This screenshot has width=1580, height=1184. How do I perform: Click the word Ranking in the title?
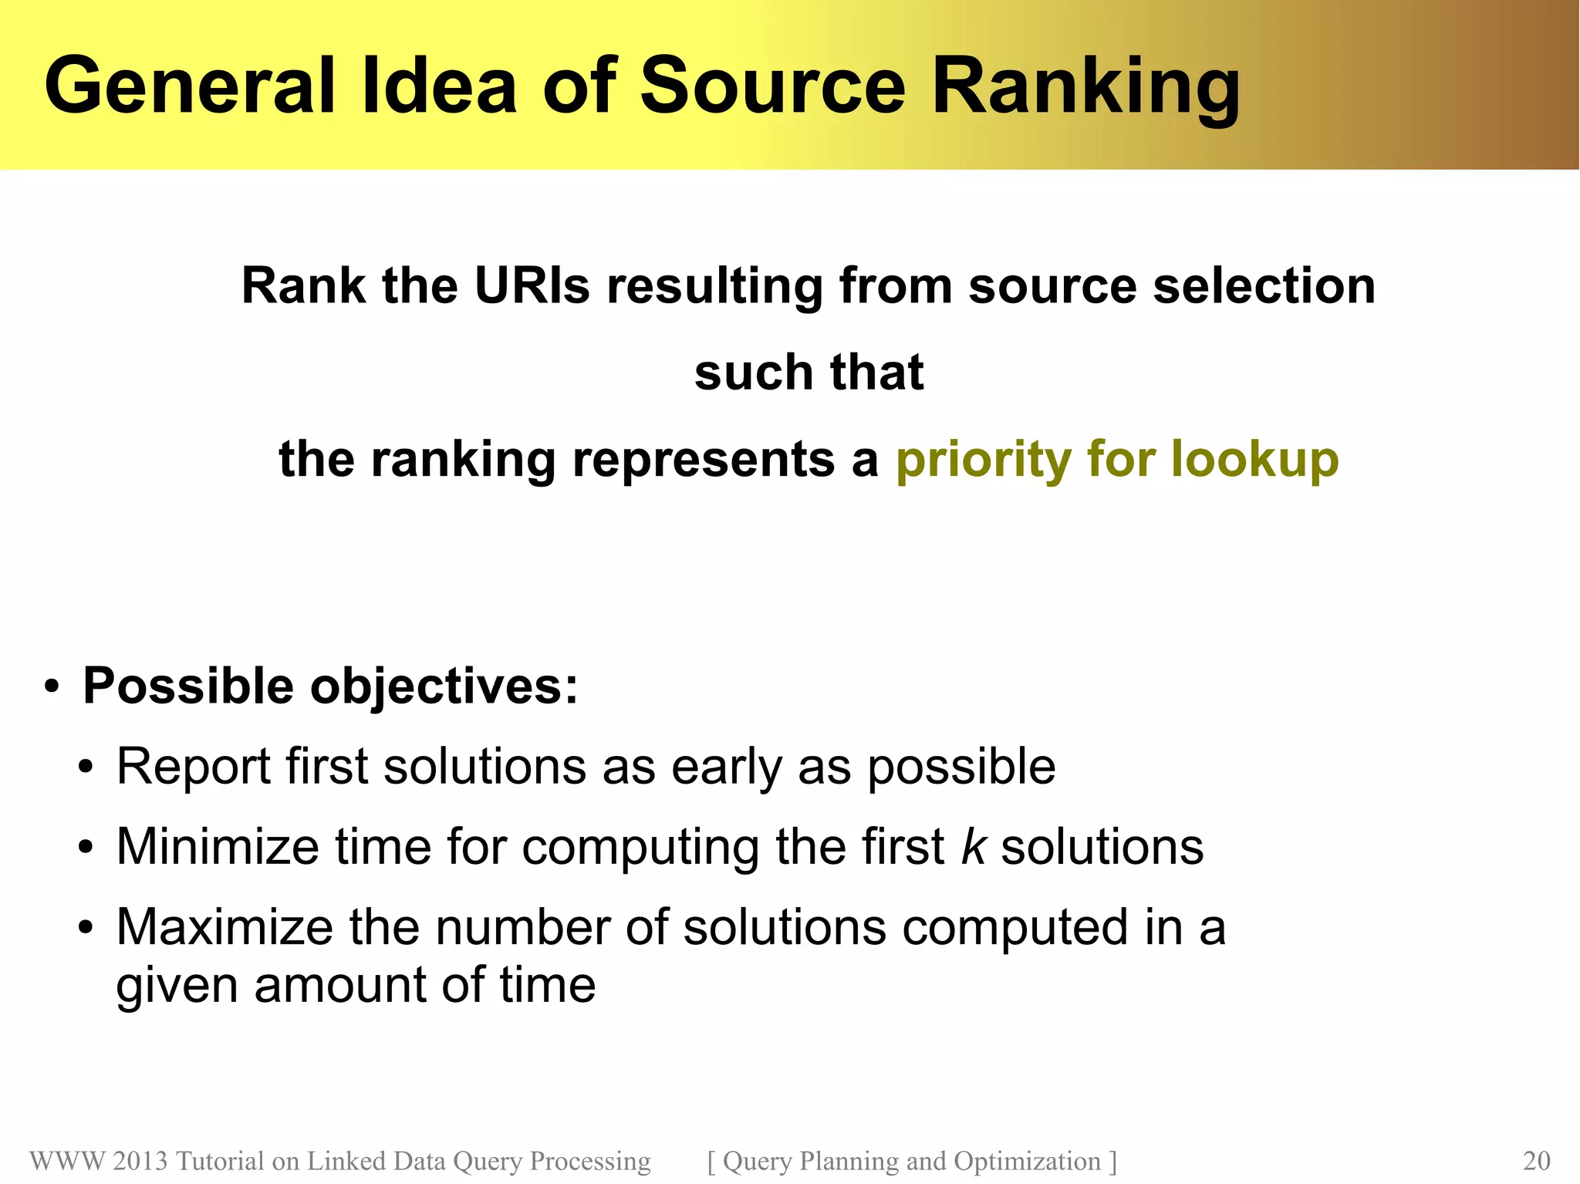coord(1086,86)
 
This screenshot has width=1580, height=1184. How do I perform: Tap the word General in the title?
coord(190,86)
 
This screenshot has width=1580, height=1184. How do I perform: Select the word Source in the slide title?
coord(772,86)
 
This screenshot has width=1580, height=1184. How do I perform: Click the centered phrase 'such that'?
coord(809,373)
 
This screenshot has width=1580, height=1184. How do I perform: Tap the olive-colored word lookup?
coord(1254,460)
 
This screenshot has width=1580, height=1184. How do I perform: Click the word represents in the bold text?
coord(703,460)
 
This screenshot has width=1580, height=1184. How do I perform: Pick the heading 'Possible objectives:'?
coord(330,686)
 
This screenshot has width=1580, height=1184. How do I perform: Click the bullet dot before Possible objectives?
coord(52,686)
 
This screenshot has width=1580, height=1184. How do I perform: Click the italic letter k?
coord(973,847)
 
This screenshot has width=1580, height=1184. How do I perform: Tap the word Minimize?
coord(218,847)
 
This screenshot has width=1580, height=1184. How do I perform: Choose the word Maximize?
coord(225,927)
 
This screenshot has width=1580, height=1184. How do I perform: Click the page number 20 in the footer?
coord(1536,1161)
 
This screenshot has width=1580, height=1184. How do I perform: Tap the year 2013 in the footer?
coord(140,1161)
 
